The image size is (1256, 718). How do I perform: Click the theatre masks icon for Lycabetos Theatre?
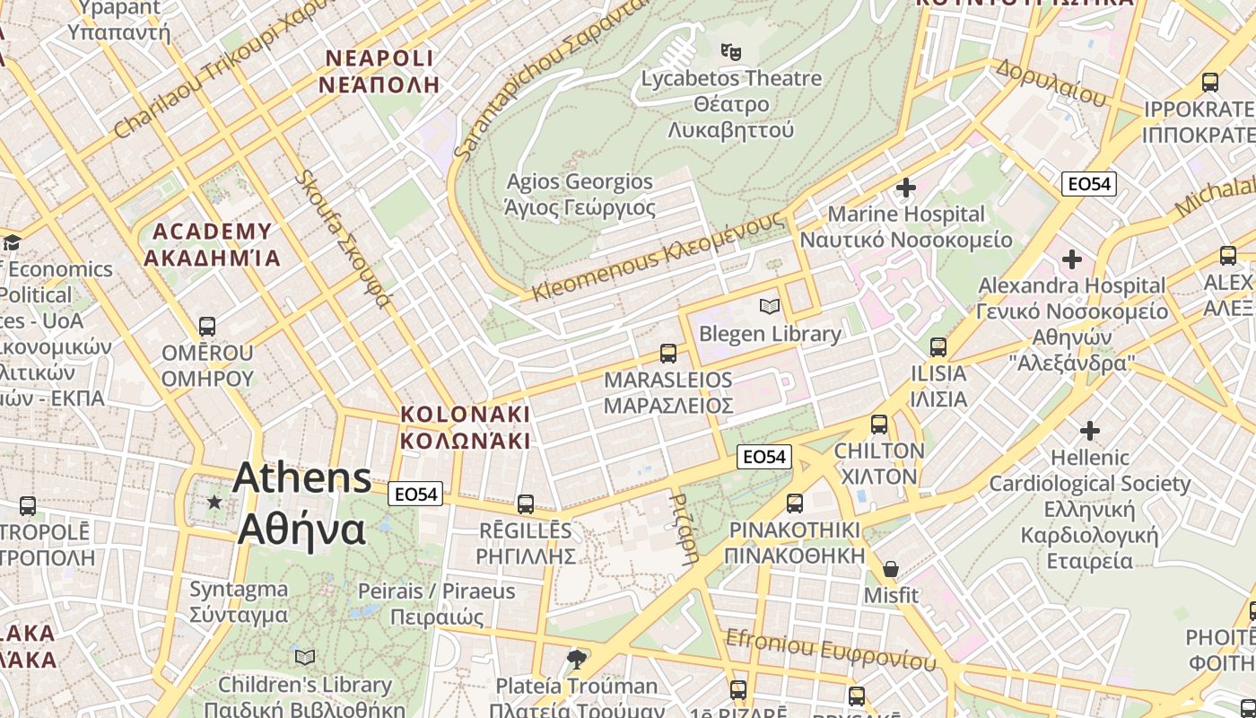click(x=731, y=51)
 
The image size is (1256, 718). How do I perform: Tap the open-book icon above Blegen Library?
click(x=769, y=306)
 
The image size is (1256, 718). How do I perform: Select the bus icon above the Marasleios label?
click(x=667, y=353)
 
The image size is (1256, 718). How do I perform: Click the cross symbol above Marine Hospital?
click(x=906, y=188)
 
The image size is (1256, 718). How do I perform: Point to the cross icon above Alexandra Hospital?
click(x=1071, y=260)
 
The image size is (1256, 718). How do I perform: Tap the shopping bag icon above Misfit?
click(x=891, y=569)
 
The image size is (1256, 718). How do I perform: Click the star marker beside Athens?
click(x=214, y=502)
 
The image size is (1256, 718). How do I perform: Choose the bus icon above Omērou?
click(x=207, y=326)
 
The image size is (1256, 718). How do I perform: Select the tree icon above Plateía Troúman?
click(x=577, y=660)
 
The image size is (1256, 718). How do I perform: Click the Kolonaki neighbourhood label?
click(x=465, y=427)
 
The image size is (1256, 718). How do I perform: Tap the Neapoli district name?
click(x=379, y=72)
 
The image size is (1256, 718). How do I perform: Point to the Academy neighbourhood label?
click(x=212, y=245)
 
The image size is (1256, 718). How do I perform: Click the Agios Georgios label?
click(x=580, y=195)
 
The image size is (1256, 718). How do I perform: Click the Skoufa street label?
click(x=344, y=239)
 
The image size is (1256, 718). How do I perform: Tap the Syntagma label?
click(x=239, y=602)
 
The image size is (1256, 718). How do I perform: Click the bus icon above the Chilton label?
click(x=879, y=425)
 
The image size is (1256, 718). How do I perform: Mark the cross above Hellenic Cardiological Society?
click(x=1089, y=431)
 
